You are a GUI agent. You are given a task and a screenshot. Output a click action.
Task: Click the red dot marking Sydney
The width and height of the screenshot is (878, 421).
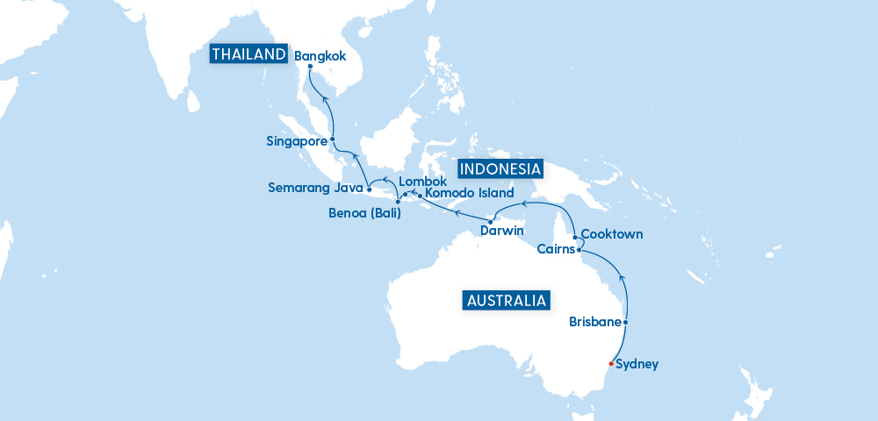[x=611, y=363]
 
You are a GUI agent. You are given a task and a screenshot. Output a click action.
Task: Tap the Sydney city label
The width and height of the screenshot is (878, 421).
[x=637, y=364]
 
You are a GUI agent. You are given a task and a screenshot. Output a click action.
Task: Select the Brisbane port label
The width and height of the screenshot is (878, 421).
[x=594, y=321]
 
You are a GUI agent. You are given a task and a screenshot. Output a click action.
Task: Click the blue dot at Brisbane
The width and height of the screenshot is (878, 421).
[x=625, y=322]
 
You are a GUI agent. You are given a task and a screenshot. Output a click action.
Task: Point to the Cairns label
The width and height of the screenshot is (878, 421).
[x=556, y=250]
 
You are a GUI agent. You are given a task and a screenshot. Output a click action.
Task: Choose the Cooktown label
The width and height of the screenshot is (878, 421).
[x=612, y=234]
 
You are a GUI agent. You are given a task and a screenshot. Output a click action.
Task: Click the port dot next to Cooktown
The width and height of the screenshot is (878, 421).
[x=574, y=237]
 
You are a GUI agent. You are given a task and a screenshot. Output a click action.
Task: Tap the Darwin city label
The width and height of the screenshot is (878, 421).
[x=502, y=232]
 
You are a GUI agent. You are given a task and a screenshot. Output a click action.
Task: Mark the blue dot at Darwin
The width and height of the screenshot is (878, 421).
[x=490, y=220]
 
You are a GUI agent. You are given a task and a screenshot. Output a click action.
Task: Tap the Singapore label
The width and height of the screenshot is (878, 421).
[x=297, y=139]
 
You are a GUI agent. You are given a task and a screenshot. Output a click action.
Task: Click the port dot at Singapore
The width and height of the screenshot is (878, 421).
[x=332, y=139]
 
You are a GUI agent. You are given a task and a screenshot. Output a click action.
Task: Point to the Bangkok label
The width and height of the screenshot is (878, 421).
[x=320, y=56]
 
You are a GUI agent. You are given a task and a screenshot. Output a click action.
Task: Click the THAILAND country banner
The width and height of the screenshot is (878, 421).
[x=248, y=54]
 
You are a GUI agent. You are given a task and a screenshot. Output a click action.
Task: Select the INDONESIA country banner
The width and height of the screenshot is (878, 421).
[x=500, y=168]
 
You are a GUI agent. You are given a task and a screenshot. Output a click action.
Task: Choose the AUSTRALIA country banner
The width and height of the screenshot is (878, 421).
[x=507, y=301]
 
